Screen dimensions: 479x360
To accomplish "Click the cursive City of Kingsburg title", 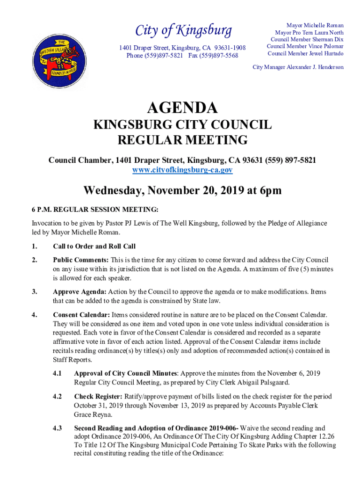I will pyautogui.click(x=183, y=31).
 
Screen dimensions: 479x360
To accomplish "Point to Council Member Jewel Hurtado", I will pyautogui.click(x=305, y=53).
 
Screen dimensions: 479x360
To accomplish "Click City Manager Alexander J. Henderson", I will pyautogui.click(x=298, y=67).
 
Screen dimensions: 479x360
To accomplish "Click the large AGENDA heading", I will pyautogui.click(x=182, y=108).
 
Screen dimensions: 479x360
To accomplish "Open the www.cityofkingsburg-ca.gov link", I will pyautogui.click(x=182, y=170).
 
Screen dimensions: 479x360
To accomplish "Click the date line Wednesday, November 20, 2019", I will pyautogui.click(x=182, y=191).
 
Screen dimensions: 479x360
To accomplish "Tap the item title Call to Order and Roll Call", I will pyautogui.click(x=94, y=247).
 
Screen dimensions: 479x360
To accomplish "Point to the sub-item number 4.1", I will pyautogui.click(x=58, y=373).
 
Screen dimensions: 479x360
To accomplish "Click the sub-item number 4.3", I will pyautogui.click(x=58, y=428).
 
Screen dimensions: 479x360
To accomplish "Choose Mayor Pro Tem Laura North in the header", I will pyautogui.click(x=309, y=33).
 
